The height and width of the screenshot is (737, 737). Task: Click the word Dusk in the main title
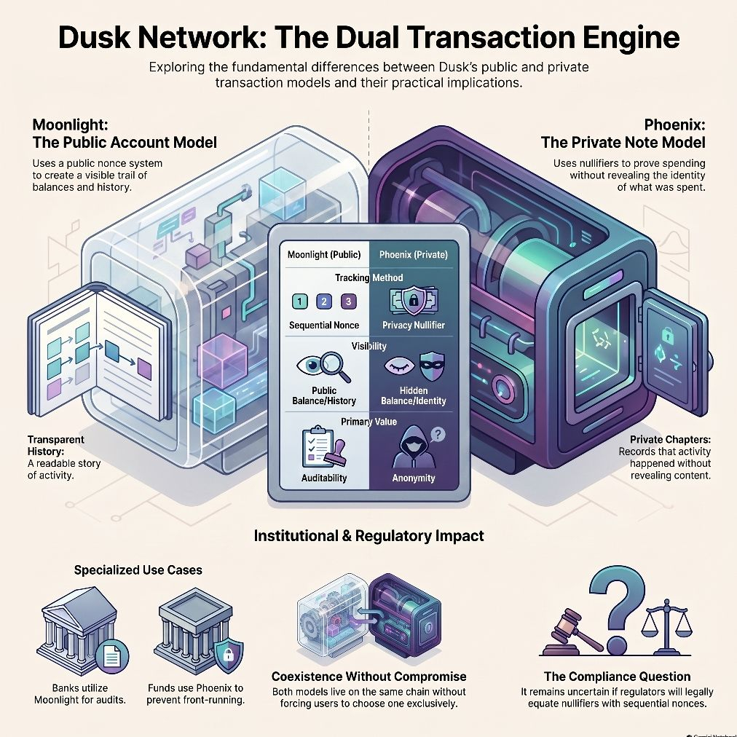94,37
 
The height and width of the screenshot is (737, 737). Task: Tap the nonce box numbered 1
300,301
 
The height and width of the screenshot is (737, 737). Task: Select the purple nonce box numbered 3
348,301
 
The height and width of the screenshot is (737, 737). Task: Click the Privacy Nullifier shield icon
414,301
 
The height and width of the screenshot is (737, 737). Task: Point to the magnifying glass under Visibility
336,366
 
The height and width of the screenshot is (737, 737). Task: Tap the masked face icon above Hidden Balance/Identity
432,366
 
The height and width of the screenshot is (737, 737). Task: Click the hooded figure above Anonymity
414,447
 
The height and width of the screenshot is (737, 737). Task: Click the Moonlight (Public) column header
324,255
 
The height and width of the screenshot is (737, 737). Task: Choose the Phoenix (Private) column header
414,255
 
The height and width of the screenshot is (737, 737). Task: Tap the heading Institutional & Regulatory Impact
369,536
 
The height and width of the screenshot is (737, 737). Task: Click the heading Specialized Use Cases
138,570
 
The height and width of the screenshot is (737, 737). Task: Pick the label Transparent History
55,446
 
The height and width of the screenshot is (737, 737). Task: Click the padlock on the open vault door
666,335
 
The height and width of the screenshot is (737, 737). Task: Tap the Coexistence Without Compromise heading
369,677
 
